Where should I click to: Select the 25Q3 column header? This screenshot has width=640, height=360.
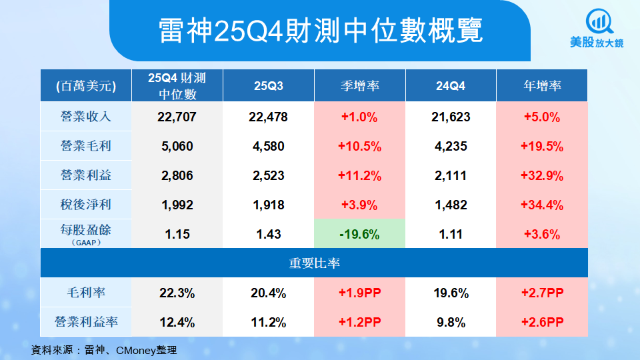tap(269, 86)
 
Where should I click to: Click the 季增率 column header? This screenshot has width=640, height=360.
tap(359, 86)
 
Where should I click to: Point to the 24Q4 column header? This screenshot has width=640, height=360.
tap(451, 86)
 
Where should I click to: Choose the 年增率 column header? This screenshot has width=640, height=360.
tap(542, 86)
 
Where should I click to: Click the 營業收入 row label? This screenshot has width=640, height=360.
tap(85, 117)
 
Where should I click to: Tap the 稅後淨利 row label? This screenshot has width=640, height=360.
tap(85, 205)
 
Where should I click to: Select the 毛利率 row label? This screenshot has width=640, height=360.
tap(85, 293)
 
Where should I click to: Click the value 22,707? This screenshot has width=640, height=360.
tap(177, 117)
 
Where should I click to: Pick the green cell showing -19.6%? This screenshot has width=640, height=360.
tap(359, 234)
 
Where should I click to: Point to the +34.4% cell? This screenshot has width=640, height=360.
tap(542, 205)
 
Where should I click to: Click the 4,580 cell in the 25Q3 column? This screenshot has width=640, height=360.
tap(269, 147)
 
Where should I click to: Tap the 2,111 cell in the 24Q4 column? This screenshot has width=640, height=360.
tap(451, 176)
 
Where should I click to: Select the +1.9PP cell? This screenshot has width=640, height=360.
tap(359, 293)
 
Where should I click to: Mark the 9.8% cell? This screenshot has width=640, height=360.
tap(451, 322)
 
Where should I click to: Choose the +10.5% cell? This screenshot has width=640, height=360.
tap(359, 147)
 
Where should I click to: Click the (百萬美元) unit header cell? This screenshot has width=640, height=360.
tap(85, 86)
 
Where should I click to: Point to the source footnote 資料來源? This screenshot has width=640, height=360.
tap(104, 349)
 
